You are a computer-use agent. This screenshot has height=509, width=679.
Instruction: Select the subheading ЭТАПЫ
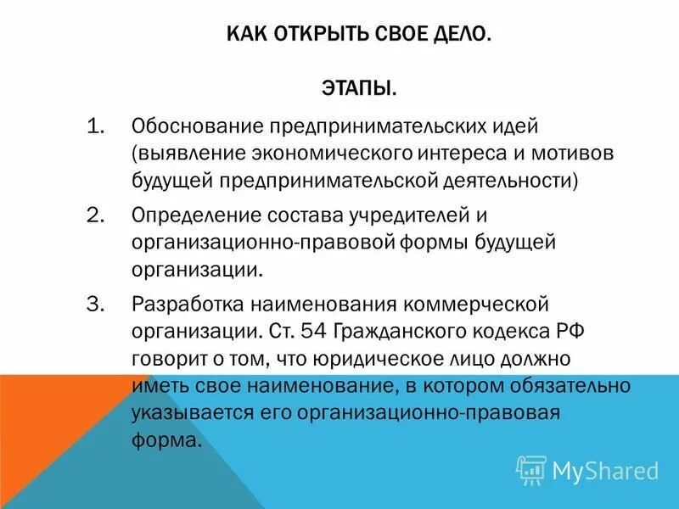click(x=358, y=88)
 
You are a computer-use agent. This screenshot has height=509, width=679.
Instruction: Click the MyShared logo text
click(x=605, y=470)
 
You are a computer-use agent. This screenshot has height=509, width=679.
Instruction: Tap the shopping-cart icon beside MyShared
click(x=531, y=469)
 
